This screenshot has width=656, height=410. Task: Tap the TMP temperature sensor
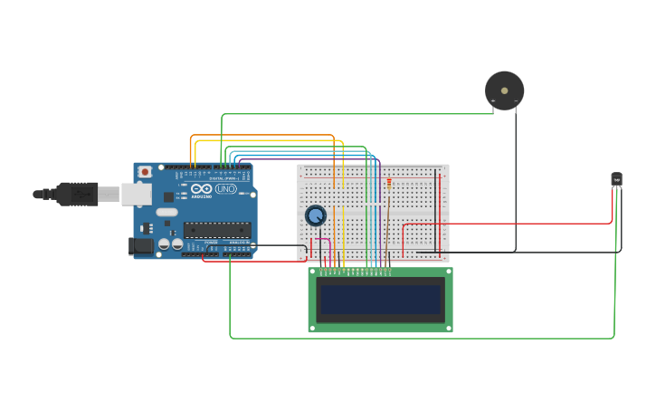point(616,179)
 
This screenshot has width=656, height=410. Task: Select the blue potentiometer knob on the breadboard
point(315,215)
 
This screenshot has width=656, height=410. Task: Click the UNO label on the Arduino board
point(225,188)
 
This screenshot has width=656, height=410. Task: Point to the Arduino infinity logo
point(201,188)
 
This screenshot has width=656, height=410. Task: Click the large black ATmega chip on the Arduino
point(217,230)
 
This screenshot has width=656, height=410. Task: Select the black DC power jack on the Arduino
point(142,245)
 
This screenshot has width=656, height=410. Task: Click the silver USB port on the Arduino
point(137,194)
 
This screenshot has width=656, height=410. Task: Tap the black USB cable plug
point(77,194)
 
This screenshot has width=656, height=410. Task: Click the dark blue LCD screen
point(380,300)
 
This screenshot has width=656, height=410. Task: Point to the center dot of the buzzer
point(504,91)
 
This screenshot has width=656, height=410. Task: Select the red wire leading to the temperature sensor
point(507,223)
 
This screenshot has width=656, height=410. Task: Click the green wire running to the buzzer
point(362,113)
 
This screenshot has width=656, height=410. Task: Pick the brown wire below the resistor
point(387,226)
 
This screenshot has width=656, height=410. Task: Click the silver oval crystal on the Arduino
point(167,212)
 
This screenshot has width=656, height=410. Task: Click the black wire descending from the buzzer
point(516,181)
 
